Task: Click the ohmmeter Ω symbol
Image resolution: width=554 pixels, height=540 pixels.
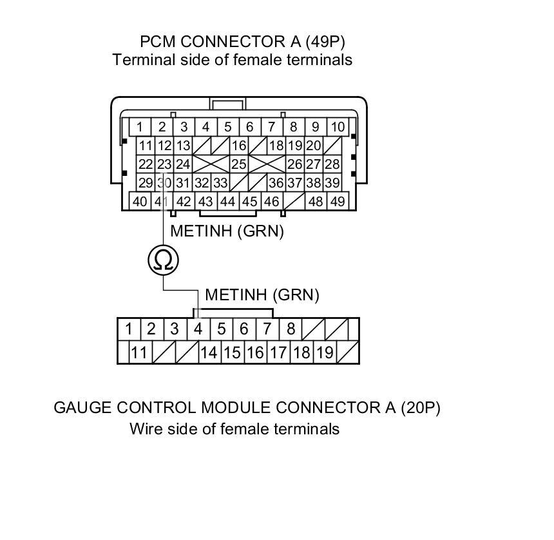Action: (163, 260)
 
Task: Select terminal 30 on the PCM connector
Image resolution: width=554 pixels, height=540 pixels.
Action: (164, 183)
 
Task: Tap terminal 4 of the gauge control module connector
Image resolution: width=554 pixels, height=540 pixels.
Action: (198, 329)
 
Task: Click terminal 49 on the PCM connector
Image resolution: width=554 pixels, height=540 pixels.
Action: (337, 201)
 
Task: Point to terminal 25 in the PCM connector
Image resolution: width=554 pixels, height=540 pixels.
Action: (239, 165)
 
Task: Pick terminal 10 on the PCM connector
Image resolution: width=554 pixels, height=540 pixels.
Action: (337, 127)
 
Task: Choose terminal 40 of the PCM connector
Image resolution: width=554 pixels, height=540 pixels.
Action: (140, 201)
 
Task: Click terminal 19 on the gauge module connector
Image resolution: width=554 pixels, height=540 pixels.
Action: (325, 352)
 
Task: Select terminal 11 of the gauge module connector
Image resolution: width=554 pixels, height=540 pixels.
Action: (139, 352)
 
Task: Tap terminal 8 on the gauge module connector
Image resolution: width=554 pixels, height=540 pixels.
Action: (291, 329)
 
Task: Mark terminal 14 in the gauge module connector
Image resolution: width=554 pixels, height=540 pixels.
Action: (208, 352)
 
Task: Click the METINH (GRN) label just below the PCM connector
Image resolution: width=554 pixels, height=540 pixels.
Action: (226, 231)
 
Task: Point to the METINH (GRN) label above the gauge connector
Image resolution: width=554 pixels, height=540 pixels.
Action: (262, 295)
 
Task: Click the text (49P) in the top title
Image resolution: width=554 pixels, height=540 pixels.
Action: (322, 43)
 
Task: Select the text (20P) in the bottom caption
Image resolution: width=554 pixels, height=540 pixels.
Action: (419, 408)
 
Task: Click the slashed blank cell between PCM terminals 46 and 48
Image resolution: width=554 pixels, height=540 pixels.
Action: (294, 201)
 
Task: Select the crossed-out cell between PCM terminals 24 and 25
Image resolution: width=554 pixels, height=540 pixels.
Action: (211, 165)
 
